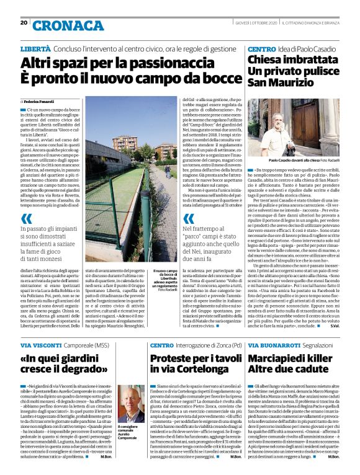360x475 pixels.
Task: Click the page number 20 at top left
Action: point(24,22)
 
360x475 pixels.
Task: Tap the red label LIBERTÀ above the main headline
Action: point(35,48)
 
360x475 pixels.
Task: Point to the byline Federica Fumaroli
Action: point(40,100)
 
